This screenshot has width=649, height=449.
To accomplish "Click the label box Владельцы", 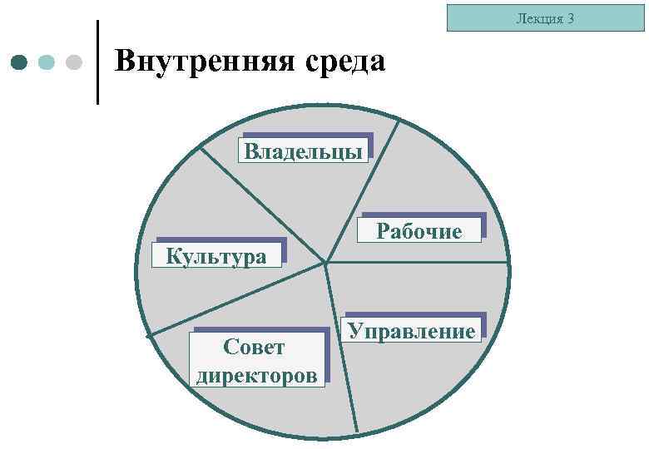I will (x=304, y=151).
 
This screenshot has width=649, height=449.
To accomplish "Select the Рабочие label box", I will (x=420, y=230).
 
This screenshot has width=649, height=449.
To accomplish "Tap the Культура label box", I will (x=216, y=255).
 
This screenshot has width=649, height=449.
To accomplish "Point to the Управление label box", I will (x=412, y=330).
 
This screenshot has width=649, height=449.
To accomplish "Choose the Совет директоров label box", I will (x=256, y=360).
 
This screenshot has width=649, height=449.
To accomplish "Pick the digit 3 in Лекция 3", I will (x=571, y=18).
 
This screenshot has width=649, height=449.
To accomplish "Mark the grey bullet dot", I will (x=73, y=62).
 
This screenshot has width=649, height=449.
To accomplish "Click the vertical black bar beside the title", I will (x=98, y=62).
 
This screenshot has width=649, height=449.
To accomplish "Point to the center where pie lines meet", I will (x=326, y=264).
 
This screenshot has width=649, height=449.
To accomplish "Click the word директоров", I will (x=256, y=375).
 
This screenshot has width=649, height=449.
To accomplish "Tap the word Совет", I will (x=255, y=347).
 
